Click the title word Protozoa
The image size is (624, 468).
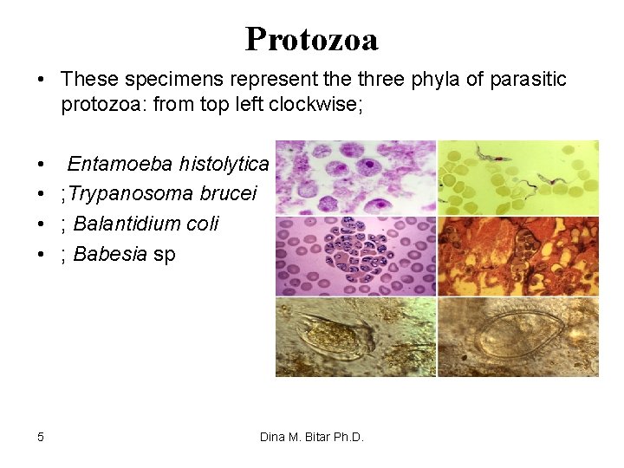[311, 39]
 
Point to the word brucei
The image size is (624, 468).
[228, 193]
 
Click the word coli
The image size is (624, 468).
[202, 224]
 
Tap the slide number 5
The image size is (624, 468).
[41, 437]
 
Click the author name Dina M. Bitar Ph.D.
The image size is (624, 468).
[312, 437]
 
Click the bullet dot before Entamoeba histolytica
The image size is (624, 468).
[42, 165]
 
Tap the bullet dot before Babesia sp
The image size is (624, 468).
[42, 255]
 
